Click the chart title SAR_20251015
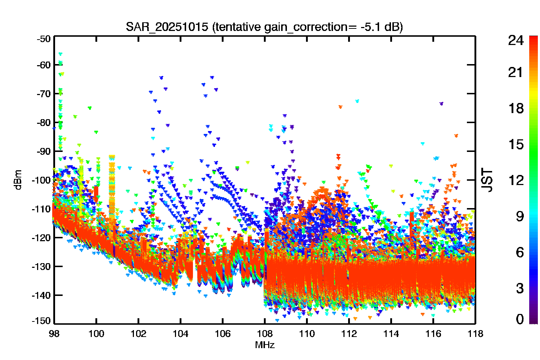pyautogui.click(x=167, y=27)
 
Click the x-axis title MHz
pyautogui.click(x=265, y=345)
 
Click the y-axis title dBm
pyautogui.click(x=18, y=180)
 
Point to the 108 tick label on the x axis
pyautogui.click(x=265, y=334)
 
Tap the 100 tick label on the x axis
pyautogui.click(x=96, y=334)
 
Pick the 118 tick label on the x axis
pyautogui.click(x=476, y=334)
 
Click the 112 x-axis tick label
pyautogui.click(x=349, y=334)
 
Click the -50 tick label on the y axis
pyautogui.click(x=44, y=39)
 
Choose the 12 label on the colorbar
pyautogui.click(x=516, y=180)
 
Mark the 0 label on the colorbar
pyautogui.click(x=519, y=319)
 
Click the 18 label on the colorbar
pyautogui.click(x=516, y=108)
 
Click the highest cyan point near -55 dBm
pyautogui.click(x=60, y=54)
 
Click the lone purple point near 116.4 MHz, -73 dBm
pyautogui.click(x=441, y=104)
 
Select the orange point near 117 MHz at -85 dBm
pyautogui.click(x=456, y=136)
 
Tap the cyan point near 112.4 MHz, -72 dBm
pyautogui.click(x=357, y=101)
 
